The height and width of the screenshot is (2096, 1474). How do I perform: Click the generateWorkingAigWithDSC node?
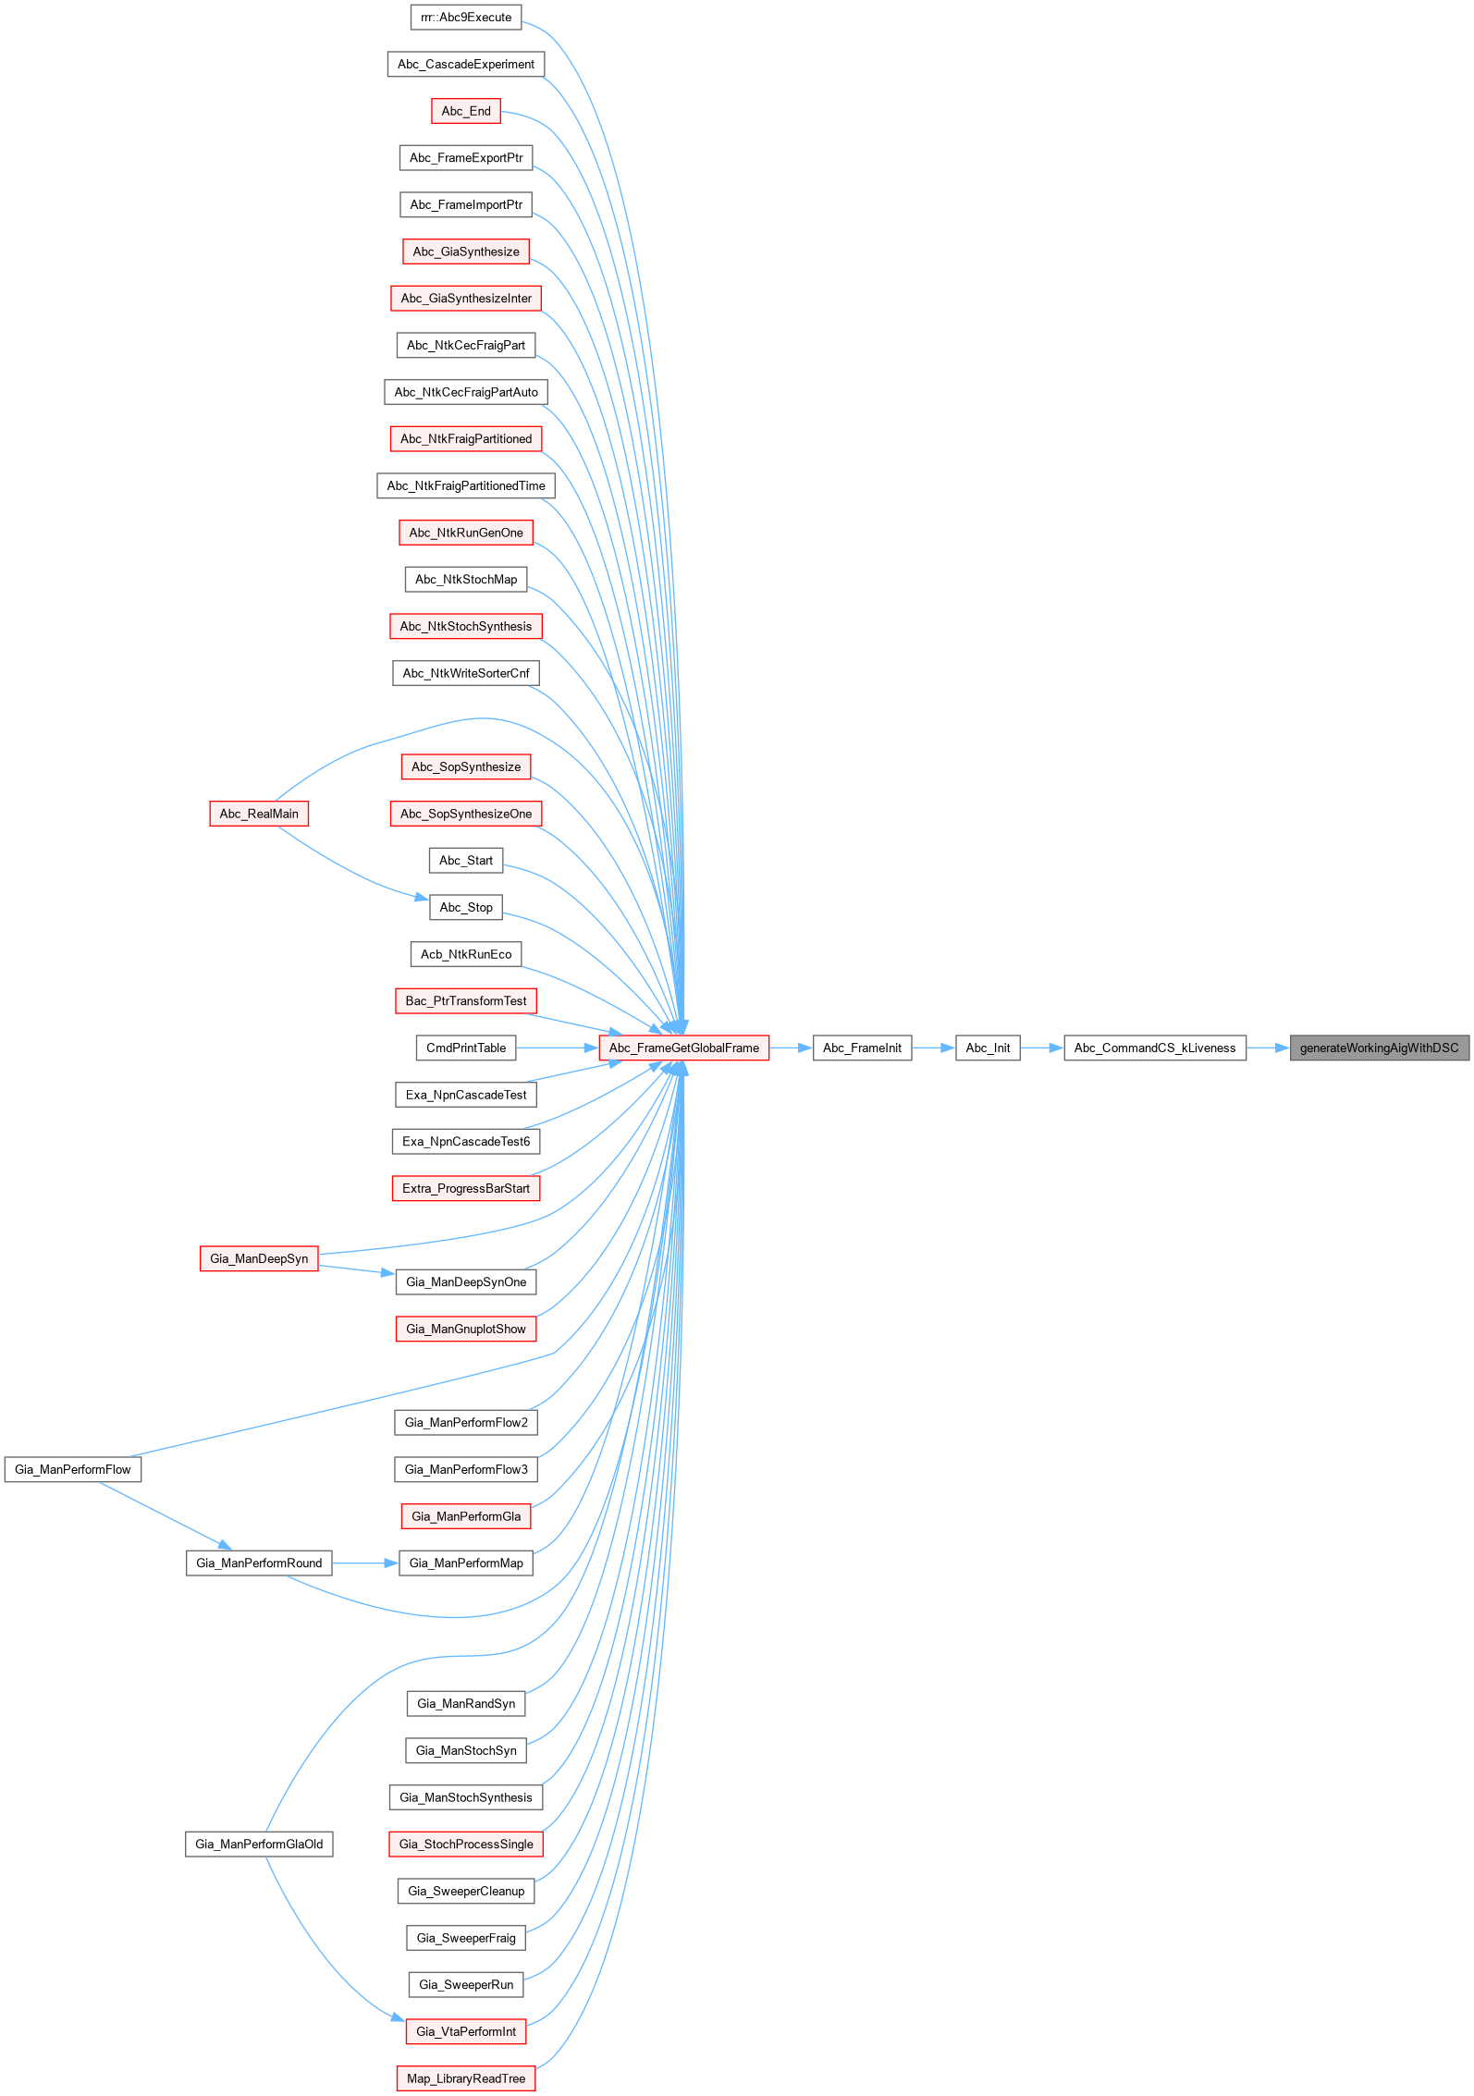point(1379,1048)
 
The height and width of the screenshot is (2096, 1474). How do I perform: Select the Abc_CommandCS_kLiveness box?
point(1154,1048)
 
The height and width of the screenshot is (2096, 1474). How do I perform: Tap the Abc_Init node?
point(988,1048)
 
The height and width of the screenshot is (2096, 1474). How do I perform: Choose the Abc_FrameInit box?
point(862,1048)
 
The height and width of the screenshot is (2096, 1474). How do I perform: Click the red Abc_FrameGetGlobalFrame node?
point(683,1048)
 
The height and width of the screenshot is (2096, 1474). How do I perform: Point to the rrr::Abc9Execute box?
point(466,17)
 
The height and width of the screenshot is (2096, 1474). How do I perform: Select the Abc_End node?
point(466,111)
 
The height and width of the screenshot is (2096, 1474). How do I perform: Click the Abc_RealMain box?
point(259,814)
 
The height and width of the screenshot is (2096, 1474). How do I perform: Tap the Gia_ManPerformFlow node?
point(73,1469)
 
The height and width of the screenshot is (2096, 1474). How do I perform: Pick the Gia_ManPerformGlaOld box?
point(259,1844)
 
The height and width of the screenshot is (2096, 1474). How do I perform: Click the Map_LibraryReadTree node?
point(466,2078)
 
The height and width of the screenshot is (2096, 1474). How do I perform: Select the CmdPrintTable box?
point(466,1048)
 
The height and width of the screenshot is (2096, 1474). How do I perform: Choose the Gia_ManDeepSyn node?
point(259,1258)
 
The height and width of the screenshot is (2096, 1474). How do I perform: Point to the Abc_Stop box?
point(466,907)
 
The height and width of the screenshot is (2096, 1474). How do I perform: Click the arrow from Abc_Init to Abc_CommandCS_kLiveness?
point(1041,1048)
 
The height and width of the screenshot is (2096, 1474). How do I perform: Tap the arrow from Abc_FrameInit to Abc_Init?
point(933,1048)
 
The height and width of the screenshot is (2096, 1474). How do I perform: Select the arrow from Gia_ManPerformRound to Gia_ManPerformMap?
point(365,1563)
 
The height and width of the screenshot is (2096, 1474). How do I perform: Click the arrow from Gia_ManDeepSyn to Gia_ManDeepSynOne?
point(357,1269)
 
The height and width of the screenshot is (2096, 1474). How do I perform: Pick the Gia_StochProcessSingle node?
point(466,1844)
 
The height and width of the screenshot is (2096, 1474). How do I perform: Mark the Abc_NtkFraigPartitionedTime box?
point(466,485)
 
